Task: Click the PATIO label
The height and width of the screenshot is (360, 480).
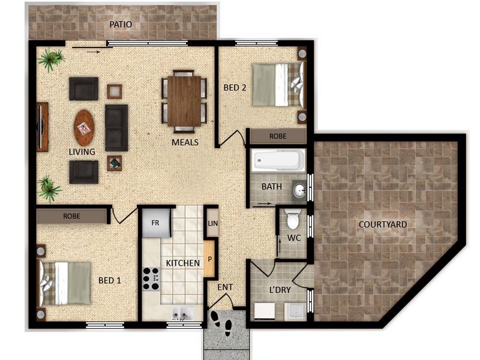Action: pos(121,25)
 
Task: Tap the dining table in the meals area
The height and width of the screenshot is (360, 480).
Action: pos(184,101)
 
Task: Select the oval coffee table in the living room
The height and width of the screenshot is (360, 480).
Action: pos(84,128)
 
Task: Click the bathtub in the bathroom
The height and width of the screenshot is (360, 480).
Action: pos(278,160)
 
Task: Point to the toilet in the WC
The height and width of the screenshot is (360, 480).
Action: pos(293,219)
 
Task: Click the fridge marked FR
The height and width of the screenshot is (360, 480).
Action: pos(156,223)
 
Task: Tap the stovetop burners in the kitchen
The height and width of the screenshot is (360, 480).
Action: pos(151,278)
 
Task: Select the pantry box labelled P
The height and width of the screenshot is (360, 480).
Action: pos(209,259)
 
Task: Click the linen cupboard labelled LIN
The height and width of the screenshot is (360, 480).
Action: pos(213,223)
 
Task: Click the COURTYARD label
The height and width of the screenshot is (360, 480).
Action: pos(383,224)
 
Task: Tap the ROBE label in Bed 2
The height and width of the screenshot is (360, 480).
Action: pos(278,136)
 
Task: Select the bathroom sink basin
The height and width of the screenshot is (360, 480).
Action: pos(299,191)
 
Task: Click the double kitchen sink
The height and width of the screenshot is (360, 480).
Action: pos(183,313)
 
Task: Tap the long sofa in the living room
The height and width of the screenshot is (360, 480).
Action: pos(116,128)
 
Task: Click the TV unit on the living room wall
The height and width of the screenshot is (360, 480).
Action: pos(42,127)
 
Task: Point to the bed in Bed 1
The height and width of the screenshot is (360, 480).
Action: pos(64,283)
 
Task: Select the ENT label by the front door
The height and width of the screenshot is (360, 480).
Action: pos(226,287)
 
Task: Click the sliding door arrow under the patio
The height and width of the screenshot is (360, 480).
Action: pos(94,52)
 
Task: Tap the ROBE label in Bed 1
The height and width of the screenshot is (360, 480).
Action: pos(71,216)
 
